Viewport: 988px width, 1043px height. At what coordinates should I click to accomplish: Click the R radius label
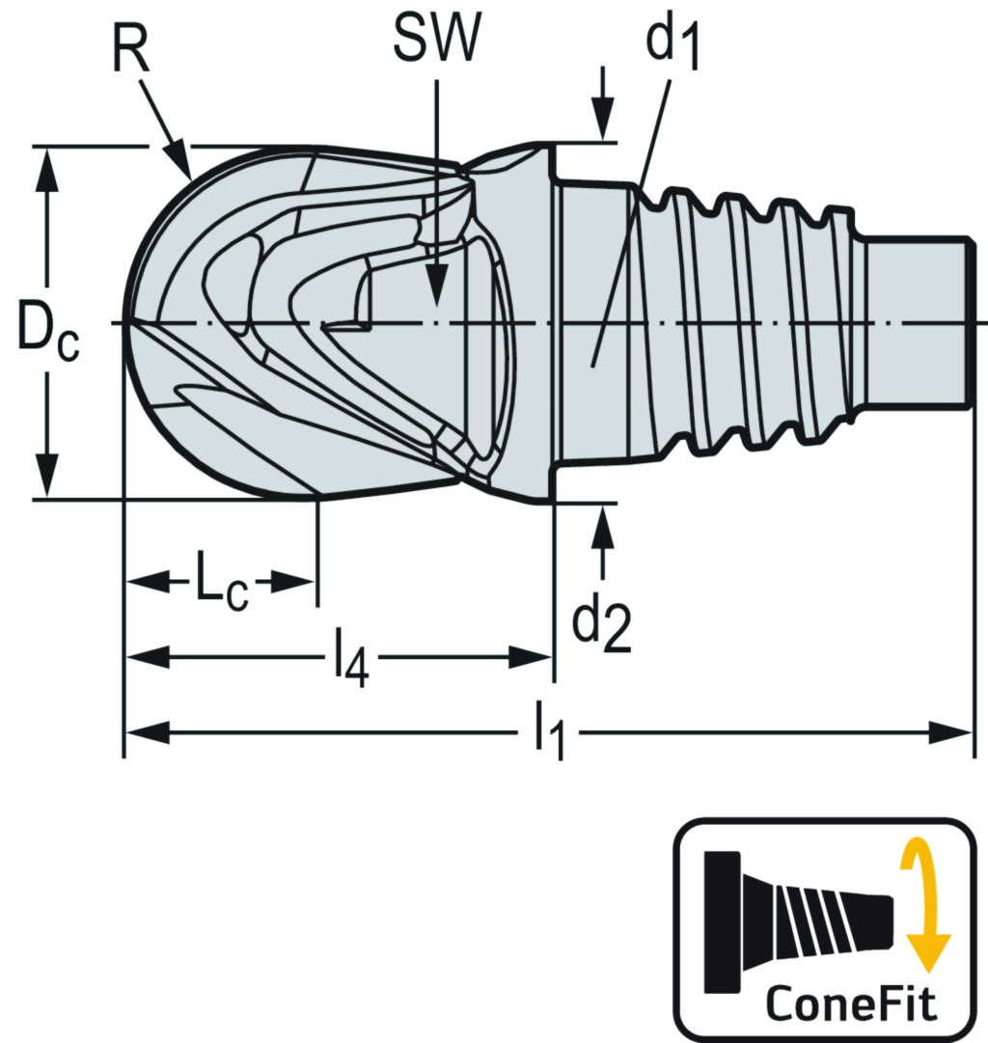pyautogui.click(x=132, y=50)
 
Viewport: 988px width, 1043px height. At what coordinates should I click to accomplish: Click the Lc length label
pyautogui.click(x=223, y=583)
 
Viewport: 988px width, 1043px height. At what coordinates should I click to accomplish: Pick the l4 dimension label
pyautogui.click(x=351, y=661)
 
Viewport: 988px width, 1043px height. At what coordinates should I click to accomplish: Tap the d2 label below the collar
pyautogui.click(x=601, y=626)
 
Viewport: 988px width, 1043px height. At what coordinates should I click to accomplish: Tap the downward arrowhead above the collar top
pyautogui.click(x=603, y=125)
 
